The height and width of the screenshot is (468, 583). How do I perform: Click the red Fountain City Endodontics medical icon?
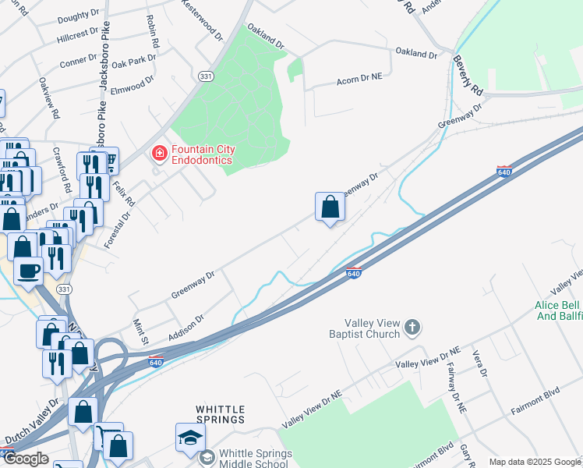coord(160,154)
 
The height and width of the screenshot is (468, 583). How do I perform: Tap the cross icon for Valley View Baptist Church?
coord(412,328)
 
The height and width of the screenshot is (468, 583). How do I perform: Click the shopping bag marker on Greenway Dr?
coord(330,207)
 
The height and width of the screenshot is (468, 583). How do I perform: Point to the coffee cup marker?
coord(29,271)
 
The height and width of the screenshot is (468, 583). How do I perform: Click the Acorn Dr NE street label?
coord(359,80)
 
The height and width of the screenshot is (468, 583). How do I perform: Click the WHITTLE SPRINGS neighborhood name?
coord(220,414)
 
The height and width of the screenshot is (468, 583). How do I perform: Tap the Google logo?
coord(26,459)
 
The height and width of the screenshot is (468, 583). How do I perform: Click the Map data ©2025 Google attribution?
coord(534,462)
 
